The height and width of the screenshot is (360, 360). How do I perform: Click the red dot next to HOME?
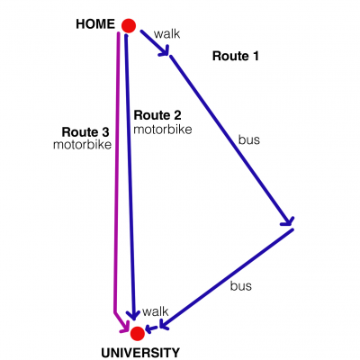pos(129,25)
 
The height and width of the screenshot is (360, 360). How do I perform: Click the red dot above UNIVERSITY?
pos(138,333)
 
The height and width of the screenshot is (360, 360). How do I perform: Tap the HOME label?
pos(95,24)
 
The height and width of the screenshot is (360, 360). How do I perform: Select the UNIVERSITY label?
pos(140,353)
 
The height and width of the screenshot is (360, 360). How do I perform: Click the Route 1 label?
pos(236,56)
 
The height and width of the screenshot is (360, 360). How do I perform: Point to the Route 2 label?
pos(157,115)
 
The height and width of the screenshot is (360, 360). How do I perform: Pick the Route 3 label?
pos(85,132)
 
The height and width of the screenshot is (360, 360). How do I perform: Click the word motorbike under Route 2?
pos(163,130)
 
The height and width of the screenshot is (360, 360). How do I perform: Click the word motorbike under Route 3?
pos(82,145)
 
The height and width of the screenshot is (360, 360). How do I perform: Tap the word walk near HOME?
pos(166,33)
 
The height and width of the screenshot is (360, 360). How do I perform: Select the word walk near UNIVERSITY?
pos(156,311)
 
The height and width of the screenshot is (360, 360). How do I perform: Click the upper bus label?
pos(249,139)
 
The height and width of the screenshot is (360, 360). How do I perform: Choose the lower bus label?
pos(241,286)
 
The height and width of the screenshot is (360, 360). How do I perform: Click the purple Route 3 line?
pos(117,180)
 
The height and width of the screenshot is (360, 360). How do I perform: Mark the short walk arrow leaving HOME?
pos(155,42)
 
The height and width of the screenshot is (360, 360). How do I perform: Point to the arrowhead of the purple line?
pos(125,327)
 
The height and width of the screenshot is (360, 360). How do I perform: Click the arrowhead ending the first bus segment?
pos(287,221)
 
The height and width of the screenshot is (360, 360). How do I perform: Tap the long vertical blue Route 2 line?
pos(130,177)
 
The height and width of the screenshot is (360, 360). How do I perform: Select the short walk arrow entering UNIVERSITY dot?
pos(152,328)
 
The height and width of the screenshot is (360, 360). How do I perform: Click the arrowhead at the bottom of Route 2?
pos(133,315)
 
